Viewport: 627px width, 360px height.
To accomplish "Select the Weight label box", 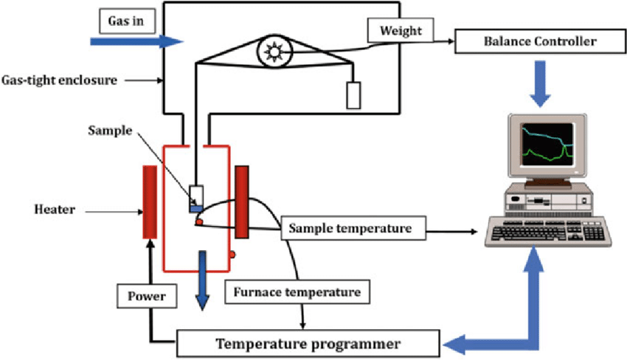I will coord(401,30).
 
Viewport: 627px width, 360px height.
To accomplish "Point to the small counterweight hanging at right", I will coord(354,94).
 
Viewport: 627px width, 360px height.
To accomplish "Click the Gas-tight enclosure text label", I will coord(60,79).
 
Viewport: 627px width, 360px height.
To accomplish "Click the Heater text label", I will coord(55,210).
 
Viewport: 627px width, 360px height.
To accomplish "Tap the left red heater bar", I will coord(149,201).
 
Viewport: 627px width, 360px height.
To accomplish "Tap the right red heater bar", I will coord(241,201).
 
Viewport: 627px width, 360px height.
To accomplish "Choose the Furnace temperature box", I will coord(297,291).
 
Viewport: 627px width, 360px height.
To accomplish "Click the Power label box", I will coord(145,297).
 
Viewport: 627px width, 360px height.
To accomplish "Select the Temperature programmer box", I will coord(308,343).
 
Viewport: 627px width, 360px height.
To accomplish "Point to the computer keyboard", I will coord(547,232).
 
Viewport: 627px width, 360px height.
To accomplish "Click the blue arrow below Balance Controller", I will coord(541,80).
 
